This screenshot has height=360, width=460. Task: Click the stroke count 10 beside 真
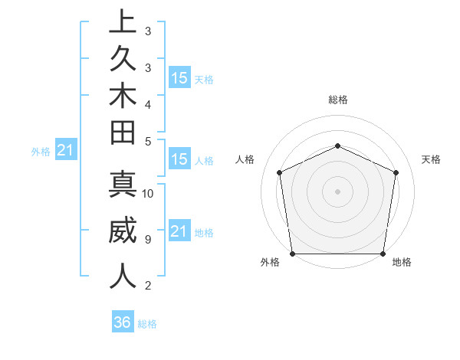pos(148,193)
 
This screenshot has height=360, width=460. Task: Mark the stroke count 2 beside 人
pos(147,286)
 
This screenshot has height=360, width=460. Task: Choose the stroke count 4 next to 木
pos(147,104)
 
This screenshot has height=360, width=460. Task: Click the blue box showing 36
pos(123,322)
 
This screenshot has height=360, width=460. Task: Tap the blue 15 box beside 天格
pos(179,77)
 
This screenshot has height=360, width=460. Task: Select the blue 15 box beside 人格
pos(179,159)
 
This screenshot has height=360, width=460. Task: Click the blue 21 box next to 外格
pos(66,151)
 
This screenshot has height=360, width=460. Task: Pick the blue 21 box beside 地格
pos(179,231)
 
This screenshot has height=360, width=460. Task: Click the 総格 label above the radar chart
pos(338,100)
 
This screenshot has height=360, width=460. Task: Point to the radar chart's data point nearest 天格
pos(396,172)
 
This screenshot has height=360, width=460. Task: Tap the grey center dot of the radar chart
pos(338,191)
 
